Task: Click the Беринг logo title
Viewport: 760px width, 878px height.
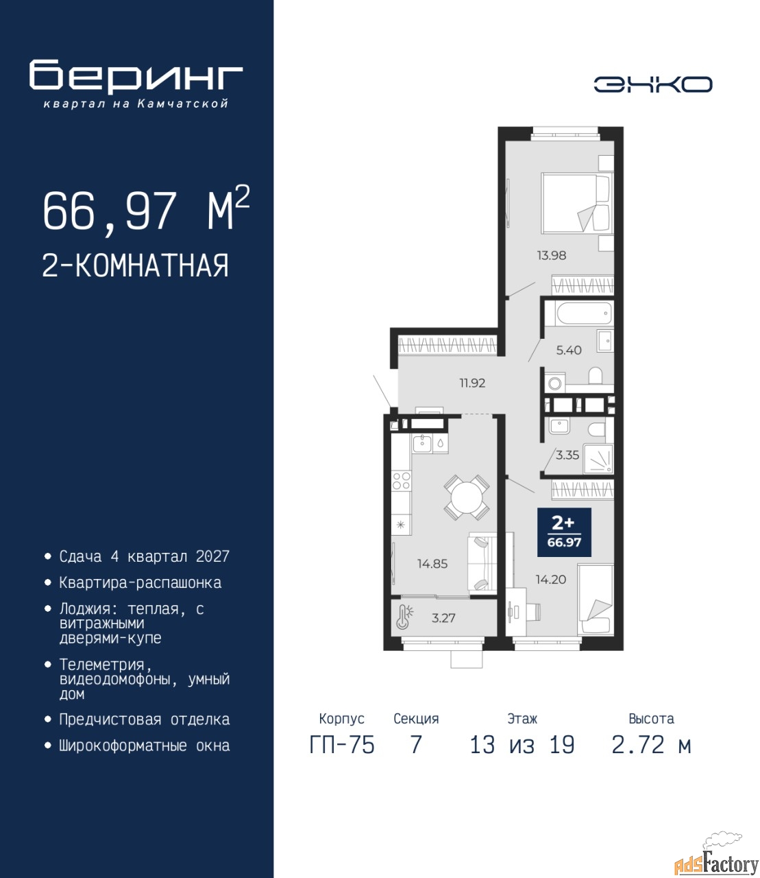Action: click(x=136, y=76)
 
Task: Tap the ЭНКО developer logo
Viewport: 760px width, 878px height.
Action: click(x=652, y=84)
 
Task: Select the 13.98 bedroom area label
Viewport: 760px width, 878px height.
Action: click(x=551, y=255)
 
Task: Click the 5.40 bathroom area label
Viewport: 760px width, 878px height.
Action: click(x=569, y=351)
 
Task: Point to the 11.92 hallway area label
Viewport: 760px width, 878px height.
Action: click(x=472, y=383)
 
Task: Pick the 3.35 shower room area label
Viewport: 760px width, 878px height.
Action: click(x=567, y=455)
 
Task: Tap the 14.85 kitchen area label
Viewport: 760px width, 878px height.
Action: click(x=432, y=564)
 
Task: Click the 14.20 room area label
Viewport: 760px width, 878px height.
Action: click(x=551, y=580)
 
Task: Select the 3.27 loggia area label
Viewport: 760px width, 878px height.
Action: click(x=443, y=617)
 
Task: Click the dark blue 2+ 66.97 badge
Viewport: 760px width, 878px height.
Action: click(x=564, y=532)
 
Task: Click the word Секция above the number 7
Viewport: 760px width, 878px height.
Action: click(x=416, y=719)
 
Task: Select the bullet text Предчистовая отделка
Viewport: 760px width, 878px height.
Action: click(x=145, y=719)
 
